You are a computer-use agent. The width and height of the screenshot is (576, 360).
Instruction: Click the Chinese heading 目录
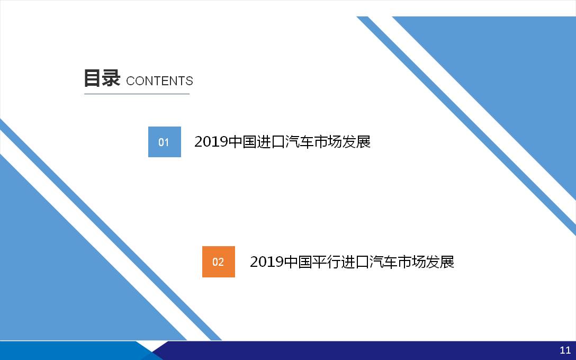[x=102, y=78]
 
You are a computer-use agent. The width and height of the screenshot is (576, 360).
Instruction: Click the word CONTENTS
[x=159, y=81]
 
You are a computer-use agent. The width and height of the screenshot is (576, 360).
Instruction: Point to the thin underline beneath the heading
[x=137, y=94]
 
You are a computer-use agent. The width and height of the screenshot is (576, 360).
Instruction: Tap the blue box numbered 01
[x=165, y=142]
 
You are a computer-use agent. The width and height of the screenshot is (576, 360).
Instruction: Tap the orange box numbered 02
[x=219, y=262]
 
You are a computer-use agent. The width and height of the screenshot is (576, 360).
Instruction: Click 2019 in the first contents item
[x=211, y=142]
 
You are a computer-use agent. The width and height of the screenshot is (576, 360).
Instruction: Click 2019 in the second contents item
[x=267, y=262]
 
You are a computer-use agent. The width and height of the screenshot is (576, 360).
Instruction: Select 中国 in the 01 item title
[x=242, y=142]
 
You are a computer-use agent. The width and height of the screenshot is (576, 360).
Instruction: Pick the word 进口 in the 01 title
[x=271, y=142]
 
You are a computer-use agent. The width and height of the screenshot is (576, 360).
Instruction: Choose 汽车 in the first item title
[x=300, y=142]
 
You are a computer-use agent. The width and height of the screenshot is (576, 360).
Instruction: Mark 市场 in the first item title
[x=328, y=142]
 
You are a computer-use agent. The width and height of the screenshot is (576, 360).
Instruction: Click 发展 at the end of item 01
[x=357, y=142]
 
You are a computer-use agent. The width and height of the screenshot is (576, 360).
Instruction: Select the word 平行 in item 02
[x=326, y=262]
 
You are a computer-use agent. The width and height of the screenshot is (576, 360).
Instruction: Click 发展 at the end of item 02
[x=440, y=262]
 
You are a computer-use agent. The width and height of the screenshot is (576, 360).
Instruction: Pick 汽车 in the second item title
[x=383, y=262]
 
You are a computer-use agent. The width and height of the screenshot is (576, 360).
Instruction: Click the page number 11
[x=565, y=350]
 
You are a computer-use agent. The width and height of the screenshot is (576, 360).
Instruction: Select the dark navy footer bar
[x=364, y=350]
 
